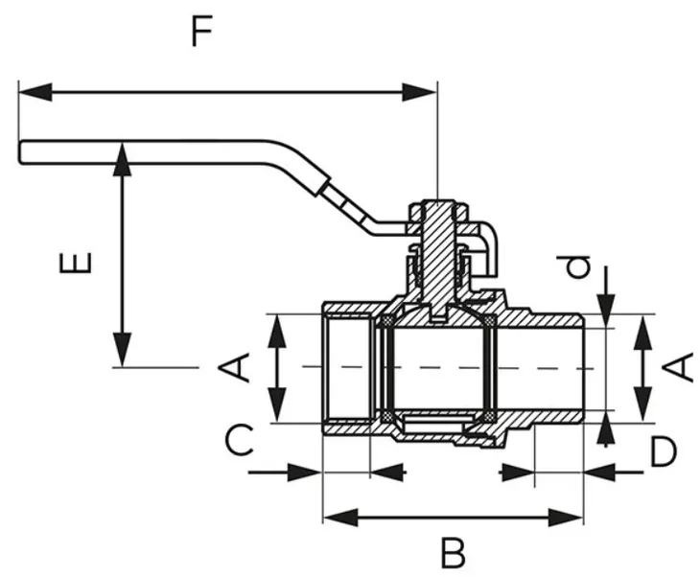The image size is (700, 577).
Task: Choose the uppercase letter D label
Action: tap(663, 452)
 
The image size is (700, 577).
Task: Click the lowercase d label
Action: tap(577, 265)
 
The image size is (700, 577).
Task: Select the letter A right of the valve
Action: tap(678, 366)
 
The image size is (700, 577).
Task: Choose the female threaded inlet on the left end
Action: tap(345, 367)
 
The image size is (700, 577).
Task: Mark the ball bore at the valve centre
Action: tap(436, 367)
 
